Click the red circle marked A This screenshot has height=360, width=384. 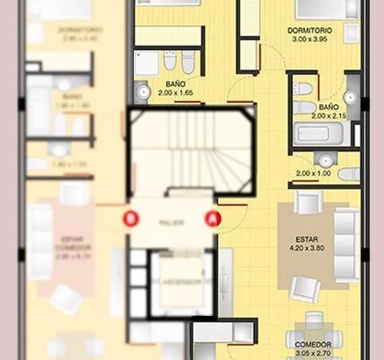pyautogui.click(x=213, y=219)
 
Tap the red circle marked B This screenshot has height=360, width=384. pyautogui.click(x=131, y=219)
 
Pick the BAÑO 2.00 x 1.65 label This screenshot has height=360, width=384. pyautogui.click(x=177, y=89)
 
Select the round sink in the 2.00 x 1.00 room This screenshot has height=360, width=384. pyautogui.click(x=326, y=161)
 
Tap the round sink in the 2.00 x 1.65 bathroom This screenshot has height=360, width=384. pyautogui.click(x=143, y=91)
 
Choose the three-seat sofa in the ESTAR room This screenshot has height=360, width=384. pyautogui.click(x=347, y=244)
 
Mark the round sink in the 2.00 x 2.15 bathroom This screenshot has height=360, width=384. pyautogui.click(x=350, y=97)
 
